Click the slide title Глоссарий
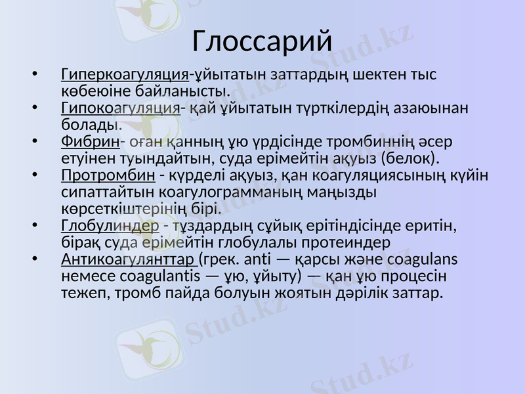pyautogui.click(x=262, y=41)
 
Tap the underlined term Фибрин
pyautogui.click(x=90, y=142)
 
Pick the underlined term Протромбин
pyautogui.click(x=108, y=176)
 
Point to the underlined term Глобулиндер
pyautogui.click(x=110, y=227)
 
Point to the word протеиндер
pyautogui.click(x=336, y=242)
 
